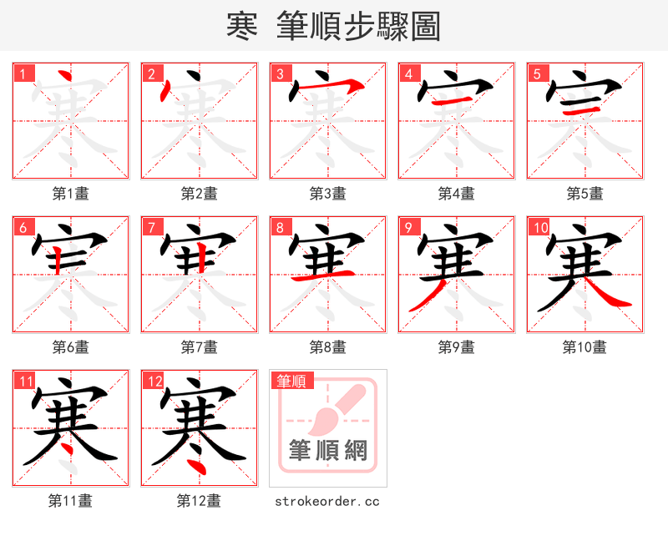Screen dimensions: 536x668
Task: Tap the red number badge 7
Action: [x=152, y=228]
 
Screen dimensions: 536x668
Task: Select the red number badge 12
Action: [x=154, y=382]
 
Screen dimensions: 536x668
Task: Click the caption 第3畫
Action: [x=327, y=194]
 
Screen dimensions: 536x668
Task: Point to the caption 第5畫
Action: [x=584, y=194]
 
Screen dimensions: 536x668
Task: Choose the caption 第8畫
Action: [x=327, y=346]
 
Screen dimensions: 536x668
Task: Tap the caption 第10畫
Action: [x=584, y=346]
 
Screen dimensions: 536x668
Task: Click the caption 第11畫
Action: [x=70, y=501]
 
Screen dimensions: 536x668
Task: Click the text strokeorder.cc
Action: [x=327, y=501]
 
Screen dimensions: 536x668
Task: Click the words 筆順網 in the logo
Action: [x=327, y=451]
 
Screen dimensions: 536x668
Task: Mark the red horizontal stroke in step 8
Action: [x=327, y=276]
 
